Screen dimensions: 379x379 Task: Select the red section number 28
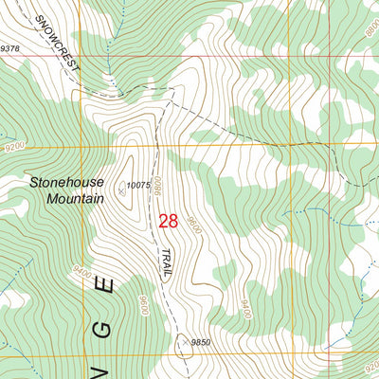(169, 221)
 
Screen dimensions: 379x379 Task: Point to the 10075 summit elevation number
(139, 186)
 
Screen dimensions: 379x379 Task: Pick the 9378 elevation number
(9, 47)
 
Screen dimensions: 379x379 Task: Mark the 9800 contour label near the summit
(157, 184)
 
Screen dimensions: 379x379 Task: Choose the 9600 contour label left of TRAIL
(143, 305)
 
